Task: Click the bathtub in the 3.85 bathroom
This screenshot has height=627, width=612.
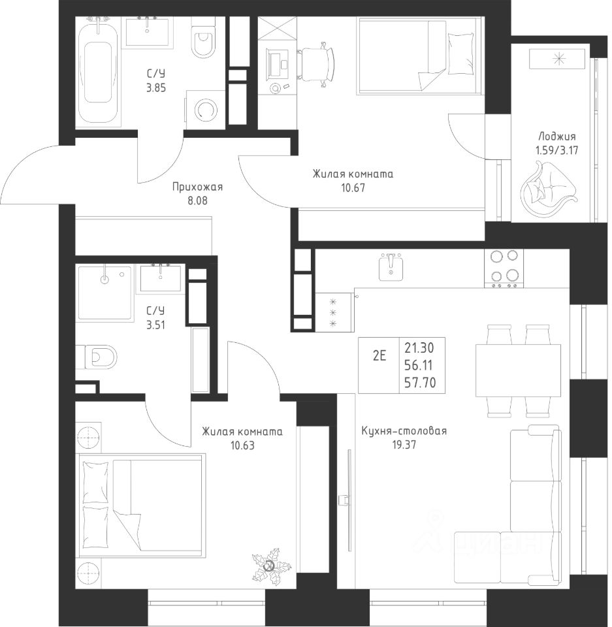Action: (x=98, y=72)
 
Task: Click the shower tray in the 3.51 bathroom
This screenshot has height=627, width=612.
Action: (x=105, y=293)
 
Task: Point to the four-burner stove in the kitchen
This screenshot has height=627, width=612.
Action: (x=504, y=268)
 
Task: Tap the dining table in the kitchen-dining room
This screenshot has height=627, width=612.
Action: (x=519, y=370)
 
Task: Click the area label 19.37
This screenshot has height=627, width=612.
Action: (x=404, y=445)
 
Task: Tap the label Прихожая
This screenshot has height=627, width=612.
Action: (x=197, y=187)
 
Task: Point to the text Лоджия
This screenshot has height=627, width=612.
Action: (x=556, y=137)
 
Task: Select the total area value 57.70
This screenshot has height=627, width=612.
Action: (x=419, y=383)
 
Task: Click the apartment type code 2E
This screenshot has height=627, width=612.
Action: (x=379, y=356)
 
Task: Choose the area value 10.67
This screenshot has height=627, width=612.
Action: (x=353, y=187)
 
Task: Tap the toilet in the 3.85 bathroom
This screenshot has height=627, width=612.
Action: (x=204, y=39)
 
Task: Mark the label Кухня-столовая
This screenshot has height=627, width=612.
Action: (x=404, y=431)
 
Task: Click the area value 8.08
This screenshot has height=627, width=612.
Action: (x=198, y=200)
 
